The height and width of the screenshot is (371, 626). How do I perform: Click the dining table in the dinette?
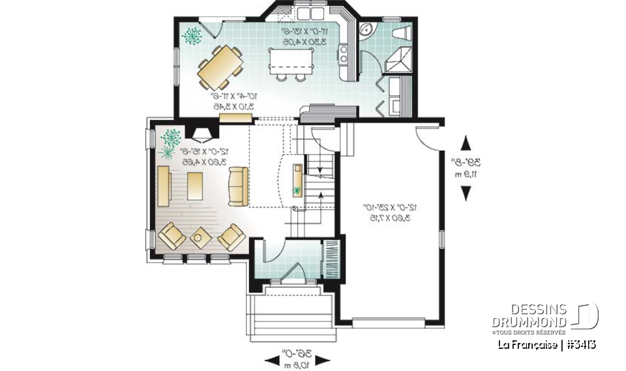coord(221,67)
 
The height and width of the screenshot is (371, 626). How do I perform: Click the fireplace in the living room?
coord(201,133)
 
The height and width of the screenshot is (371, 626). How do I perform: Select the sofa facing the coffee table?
coord(237,185)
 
